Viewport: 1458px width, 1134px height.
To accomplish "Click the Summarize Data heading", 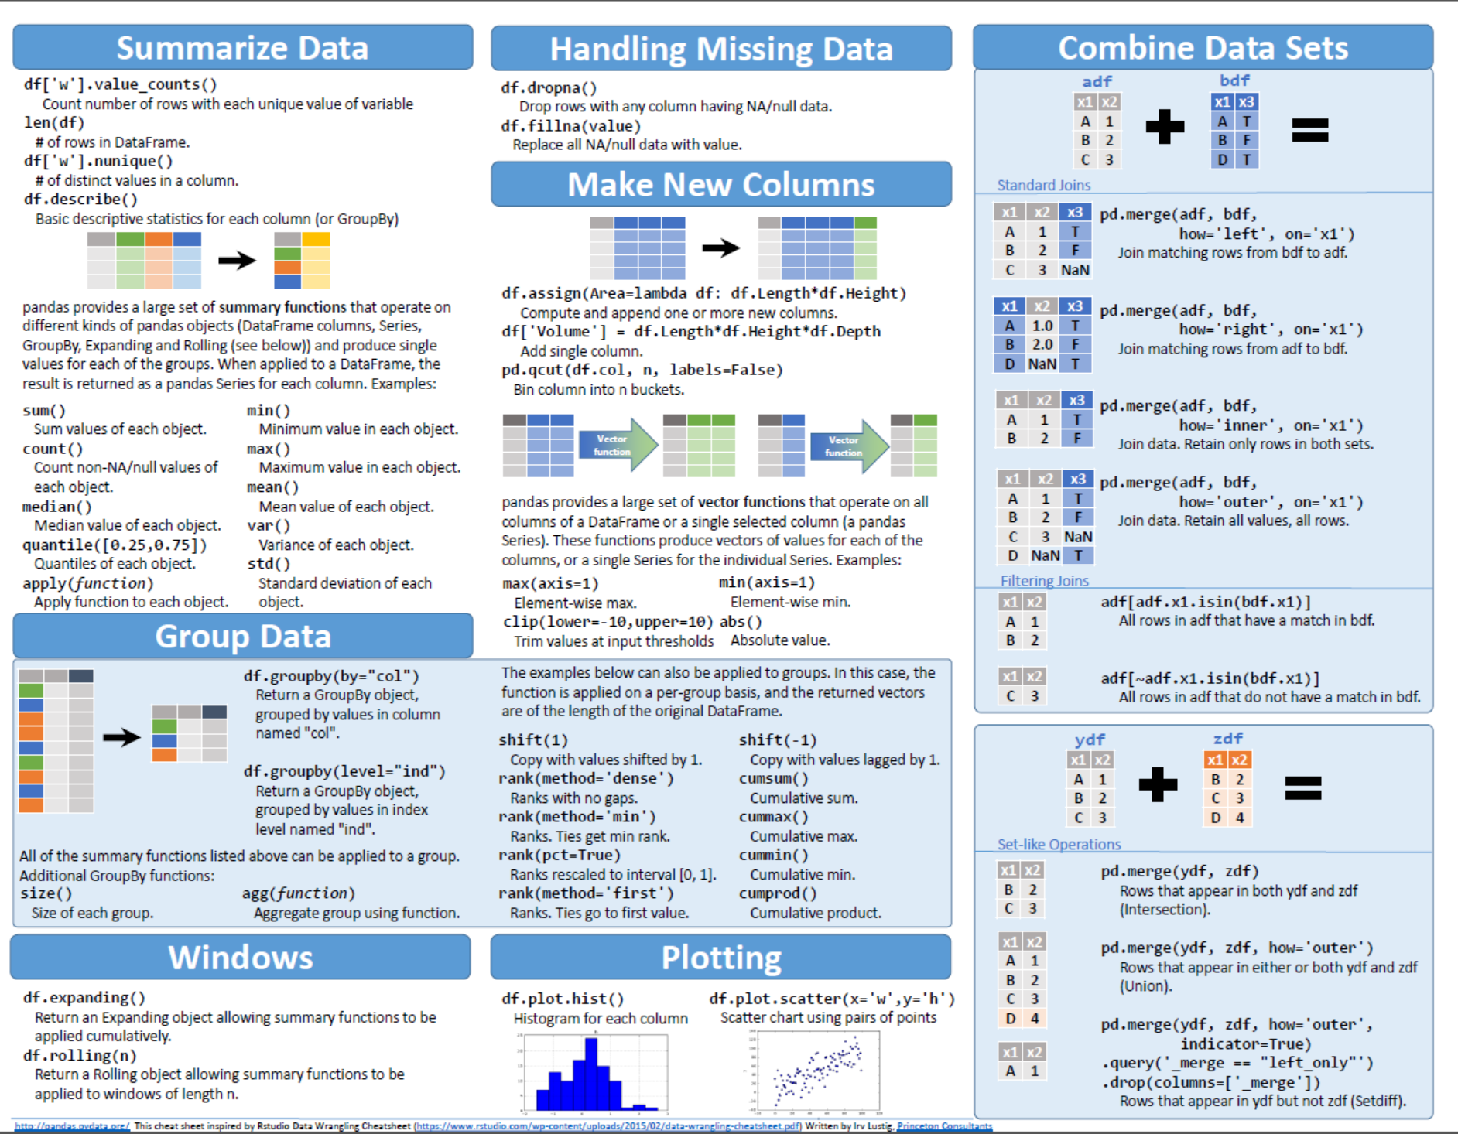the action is click(x=242, y=48).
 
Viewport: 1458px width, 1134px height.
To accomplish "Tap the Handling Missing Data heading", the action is click(x=720, y=50).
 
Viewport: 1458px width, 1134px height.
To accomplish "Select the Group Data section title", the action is click(x=242, y=637).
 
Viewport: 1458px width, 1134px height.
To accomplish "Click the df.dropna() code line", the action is click(x=549, y=87).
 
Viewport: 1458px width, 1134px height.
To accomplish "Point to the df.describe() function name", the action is click(x=80, y=200).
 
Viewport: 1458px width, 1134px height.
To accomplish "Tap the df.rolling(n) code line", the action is click(x=80, y=1056).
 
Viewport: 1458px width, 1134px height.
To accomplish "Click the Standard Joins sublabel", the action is click(x=1043, y=185).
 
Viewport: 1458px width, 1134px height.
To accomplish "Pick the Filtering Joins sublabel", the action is click(x=1044, y=581).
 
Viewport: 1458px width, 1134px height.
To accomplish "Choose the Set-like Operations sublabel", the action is click(x=1059, y=845).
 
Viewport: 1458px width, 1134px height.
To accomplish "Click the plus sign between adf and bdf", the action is click(x=1165, y=128).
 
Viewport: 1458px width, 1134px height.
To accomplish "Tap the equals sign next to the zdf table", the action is click(x=1303, y=788).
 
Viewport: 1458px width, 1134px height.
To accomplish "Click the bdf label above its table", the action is click(x=1234, y=80).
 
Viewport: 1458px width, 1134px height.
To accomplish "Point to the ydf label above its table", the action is click(x=1090, y=739).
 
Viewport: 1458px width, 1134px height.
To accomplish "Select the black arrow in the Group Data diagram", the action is click(x=122, y=737).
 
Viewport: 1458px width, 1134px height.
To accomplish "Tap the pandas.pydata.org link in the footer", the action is click(x=72, y=1126).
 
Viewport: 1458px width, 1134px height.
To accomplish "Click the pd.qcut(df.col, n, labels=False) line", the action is click(x=642, y=370).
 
